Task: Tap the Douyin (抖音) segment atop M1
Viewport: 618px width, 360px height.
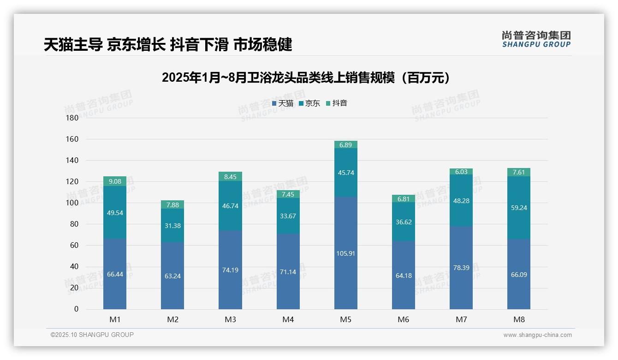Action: pyautogui.click(x=115, y=181)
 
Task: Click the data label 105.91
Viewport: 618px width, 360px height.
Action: pyautogui.click(x=345, y=253)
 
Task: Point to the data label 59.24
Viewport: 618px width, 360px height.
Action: pyautogui.click(x=518, y=208)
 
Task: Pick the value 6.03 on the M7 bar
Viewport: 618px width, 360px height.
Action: pyautogui.click(x=461, y=172)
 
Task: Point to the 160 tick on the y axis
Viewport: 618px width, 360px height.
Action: pyautogui.click(x=72, y=139)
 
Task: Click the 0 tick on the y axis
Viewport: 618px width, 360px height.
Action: pyautogui.click(x=76, y=309)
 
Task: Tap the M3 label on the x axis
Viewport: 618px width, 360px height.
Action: pyautogui.click(x=230, y=319)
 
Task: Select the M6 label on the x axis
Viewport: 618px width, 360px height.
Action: pyautogui.click(x=403, y=319)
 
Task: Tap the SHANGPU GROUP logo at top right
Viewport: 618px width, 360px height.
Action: pyautogui.click(x=536, y=39)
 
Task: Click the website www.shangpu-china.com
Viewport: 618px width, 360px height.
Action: pyautogui.click(x=537, y=335)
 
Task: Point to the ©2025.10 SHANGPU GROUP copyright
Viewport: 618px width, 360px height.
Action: pyautogui.click(x=92, y=335)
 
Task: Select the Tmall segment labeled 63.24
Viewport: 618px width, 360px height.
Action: pyautogui.click(x=172, y=276)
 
